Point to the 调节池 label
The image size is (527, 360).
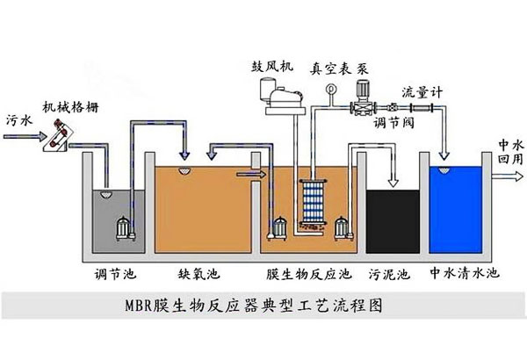(112, 273)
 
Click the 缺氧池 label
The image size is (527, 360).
(195, 273)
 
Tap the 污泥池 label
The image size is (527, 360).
(390, 274)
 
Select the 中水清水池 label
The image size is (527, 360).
(464, 274)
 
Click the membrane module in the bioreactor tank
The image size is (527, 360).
(312, 207)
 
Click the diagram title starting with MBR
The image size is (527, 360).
(252, 309)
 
